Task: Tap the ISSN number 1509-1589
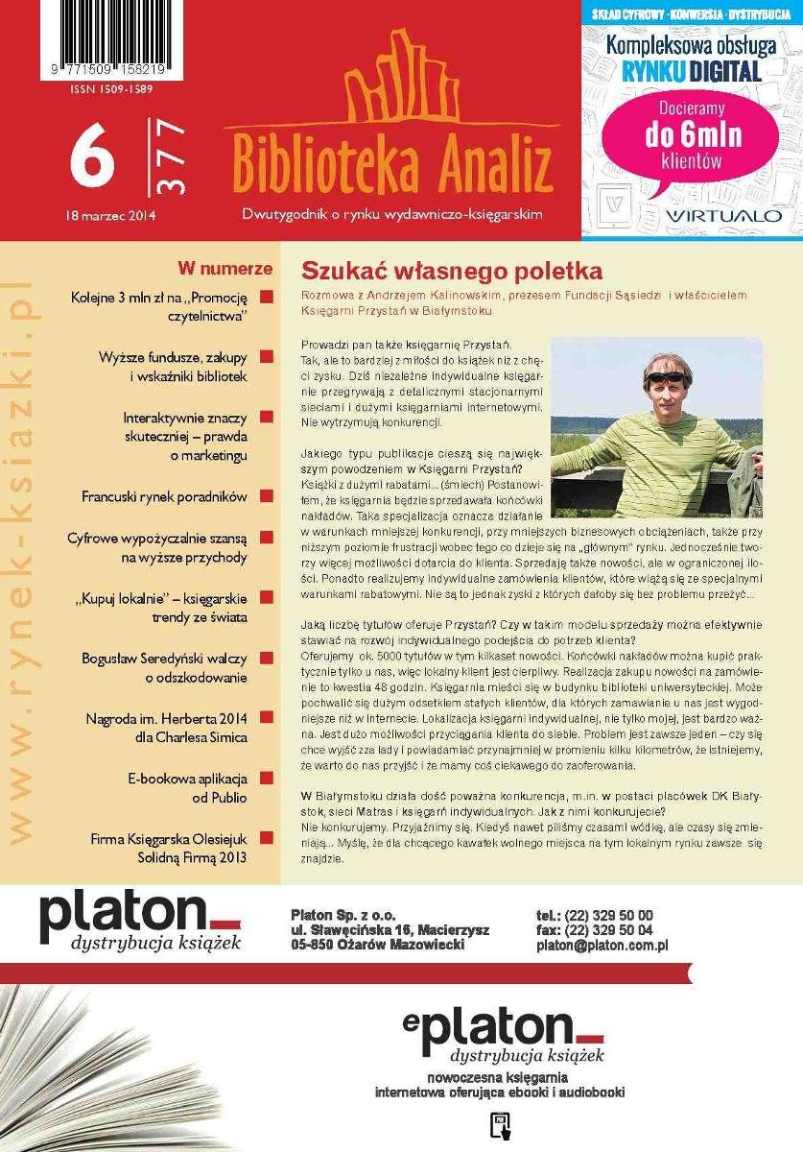coord(111,89)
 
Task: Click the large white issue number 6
coord(93,159)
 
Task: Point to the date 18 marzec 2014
coord(112,216)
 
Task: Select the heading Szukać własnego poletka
coord(452,270)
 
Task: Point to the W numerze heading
coord(225,269)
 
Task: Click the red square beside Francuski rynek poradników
coord(266,496)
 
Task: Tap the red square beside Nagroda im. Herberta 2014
coord(266,718)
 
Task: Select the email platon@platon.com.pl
coord(602,946)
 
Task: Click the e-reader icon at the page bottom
coord(499,1125)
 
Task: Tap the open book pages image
coord(125,1066)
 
